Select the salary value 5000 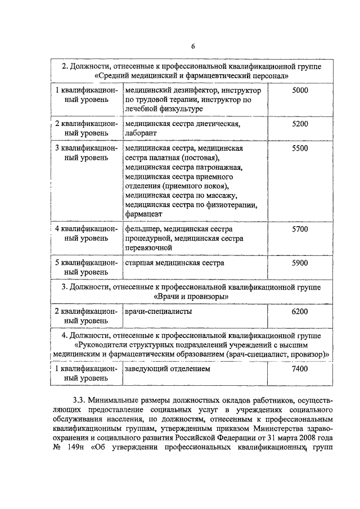click(x=300, y=90)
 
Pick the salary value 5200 click(x=300, y=124)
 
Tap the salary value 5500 click(x=300, y=148)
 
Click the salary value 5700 click(x=300, y=229)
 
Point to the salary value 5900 click(x=300, y=263)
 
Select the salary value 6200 click(x=300, y=311)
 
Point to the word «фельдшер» click(x=143, y=229)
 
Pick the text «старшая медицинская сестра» click(x=174, y=263)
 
